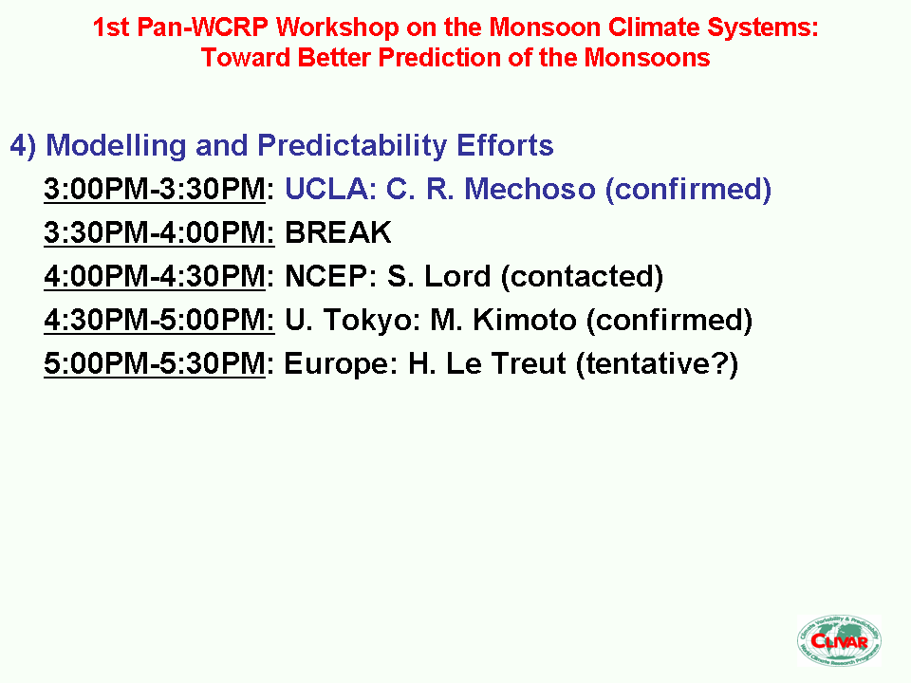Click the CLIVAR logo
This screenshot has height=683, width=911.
click(839, 640)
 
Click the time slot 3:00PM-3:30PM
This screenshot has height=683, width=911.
click(155, 190)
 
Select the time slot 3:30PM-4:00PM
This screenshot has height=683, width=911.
click(158, 233)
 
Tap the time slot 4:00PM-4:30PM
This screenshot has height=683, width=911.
click(155, 276)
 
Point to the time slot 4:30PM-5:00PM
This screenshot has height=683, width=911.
click(158, 320)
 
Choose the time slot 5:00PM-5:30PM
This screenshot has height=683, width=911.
click(155, 363)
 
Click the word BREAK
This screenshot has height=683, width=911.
click(338, 233)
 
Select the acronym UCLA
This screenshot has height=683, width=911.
click(326, 190)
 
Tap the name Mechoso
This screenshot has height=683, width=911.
click(530, 190)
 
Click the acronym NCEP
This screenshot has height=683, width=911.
click(325, 276)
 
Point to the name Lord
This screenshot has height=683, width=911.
click(457, 276)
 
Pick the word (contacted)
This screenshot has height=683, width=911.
click(582, 277)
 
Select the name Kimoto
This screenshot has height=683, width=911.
click(524, 320)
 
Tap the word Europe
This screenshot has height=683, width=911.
click(341, 364)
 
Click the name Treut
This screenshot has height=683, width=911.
click(529, 363)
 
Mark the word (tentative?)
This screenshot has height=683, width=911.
click(657, 364)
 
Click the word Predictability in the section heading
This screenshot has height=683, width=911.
click(352, 146)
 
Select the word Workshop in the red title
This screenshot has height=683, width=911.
click(338, 28)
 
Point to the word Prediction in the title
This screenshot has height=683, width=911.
click(439, 58)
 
